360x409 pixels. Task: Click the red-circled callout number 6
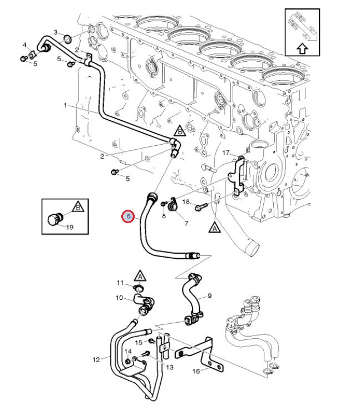(x=128, y=216)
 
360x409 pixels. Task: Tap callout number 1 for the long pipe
(x=65, y=105)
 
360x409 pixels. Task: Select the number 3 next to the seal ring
(x=56, y=32)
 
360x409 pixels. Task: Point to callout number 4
(x=25, y=45)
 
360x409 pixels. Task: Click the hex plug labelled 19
(x=54, y=219)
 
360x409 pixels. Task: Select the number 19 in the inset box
(x=70, y=227)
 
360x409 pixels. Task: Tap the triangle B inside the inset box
(x=78, y=207)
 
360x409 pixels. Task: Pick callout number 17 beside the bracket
(x=226, y=152)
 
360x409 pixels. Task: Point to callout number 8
(x=164, y=216)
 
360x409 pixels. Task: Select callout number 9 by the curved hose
(x=210, y=296)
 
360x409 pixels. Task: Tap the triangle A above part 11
(x=140, y=275)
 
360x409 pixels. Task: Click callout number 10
(x=119, y=298)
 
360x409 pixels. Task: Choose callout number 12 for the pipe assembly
(x=96, y=359)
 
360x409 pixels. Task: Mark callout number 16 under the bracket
(x=196, y=371)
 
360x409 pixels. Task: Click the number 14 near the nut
(x=128, y=352)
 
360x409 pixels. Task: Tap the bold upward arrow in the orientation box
(x=302, y=48)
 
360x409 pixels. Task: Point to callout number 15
(x=139, y=342)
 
